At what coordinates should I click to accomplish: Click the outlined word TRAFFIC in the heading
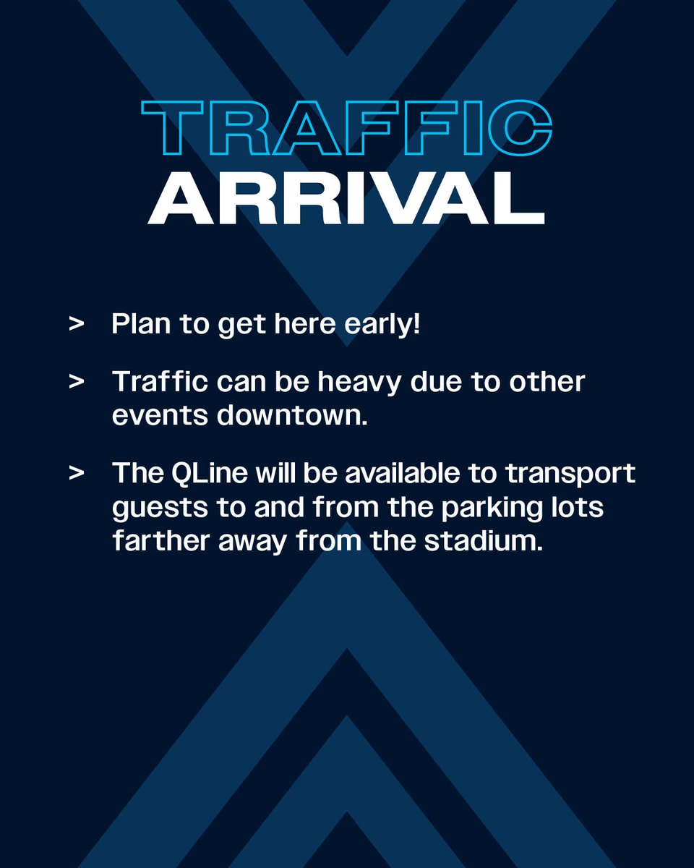click(x=347, y=129)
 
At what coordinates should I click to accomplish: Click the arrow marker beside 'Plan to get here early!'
click(x=76, y=325)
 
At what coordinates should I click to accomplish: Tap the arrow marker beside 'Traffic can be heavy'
click(x=76, y=382)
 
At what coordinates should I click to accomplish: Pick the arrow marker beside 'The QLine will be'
click(x=76, y=473)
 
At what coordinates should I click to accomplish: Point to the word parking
click(x=474, y=509)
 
